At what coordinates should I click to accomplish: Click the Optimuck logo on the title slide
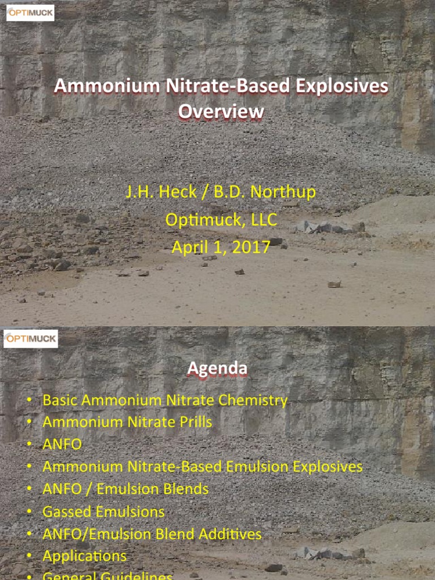click(30, 12)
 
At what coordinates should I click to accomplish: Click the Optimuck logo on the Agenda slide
click(31, 339)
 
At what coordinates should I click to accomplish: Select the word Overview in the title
click(221, 111)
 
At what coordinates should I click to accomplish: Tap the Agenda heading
click(217, 369)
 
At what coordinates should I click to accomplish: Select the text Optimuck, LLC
click(221, 219)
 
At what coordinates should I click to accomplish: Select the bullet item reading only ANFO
click(62, 444)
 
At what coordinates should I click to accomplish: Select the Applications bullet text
click(85, 556)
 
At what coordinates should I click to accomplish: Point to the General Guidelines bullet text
click(108, 576)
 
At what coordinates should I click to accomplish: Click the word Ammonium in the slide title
click(105, 87)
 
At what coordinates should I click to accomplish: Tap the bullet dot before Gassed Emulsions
click(29, 512)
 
